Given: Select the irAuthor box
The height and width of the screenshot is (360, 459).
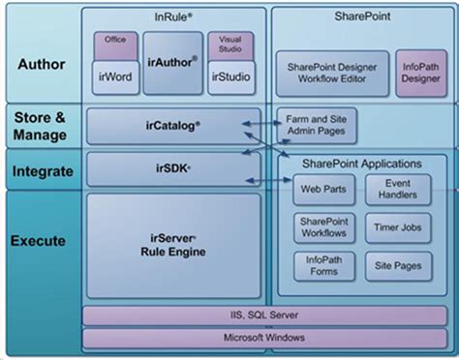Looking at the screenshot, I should pyautogui.click(x=173, y=60).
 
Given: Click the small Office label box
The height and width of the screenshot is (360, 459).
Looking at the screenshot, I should pyautogui.click(x=116, y=41).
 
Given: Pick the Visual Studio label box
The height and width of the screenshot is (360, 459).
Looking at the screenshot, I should pyautogui.click(x=231, y=45).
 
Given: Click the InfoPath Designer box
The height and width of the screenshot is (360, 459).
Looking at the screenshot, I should pyautogui.click(x=421, y=73).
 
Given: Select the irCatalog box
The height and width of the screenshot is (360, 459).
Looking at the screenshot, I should pyautogui.click(x=173, y=126).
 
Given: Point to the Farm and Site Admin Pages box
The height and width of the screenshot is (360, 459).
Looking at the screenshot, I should pyautogui.click(x=317, y=124).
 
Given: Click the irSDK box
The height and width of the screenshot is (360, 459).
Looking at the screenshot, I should pyautogui.click(x=173, y=167).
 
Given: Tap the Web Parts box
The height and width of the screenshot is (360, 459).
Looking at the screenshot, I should pyautogui.click(x=318, y=190).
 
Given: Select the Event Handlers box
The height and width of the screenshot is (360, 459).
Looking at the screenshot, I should pyautogui.click(x=398, y=190).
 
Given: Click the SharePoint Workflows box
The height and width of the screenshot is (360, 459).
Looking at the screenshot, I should pyautogui.click(x=318, y=228).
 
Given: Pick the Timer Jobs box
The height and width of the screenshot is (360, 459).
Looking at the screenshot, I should pyautogui.click(x=398, y=228).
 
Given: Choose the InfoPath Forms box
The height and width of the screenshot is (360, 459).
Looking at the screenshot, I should pyautogui.click(x=318, y=265).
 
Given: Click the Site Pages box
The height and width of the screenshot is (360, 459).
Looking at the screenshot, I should pyautogui.click(x=398, y=265).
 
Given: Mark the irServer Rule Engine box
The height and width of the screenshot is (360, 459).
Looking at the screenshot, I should pyautogui.click(x=173, y=245).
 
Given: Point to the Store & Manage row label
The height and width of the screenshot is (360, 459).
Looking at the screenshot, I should pyautogui.click(x=40, y=126).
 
